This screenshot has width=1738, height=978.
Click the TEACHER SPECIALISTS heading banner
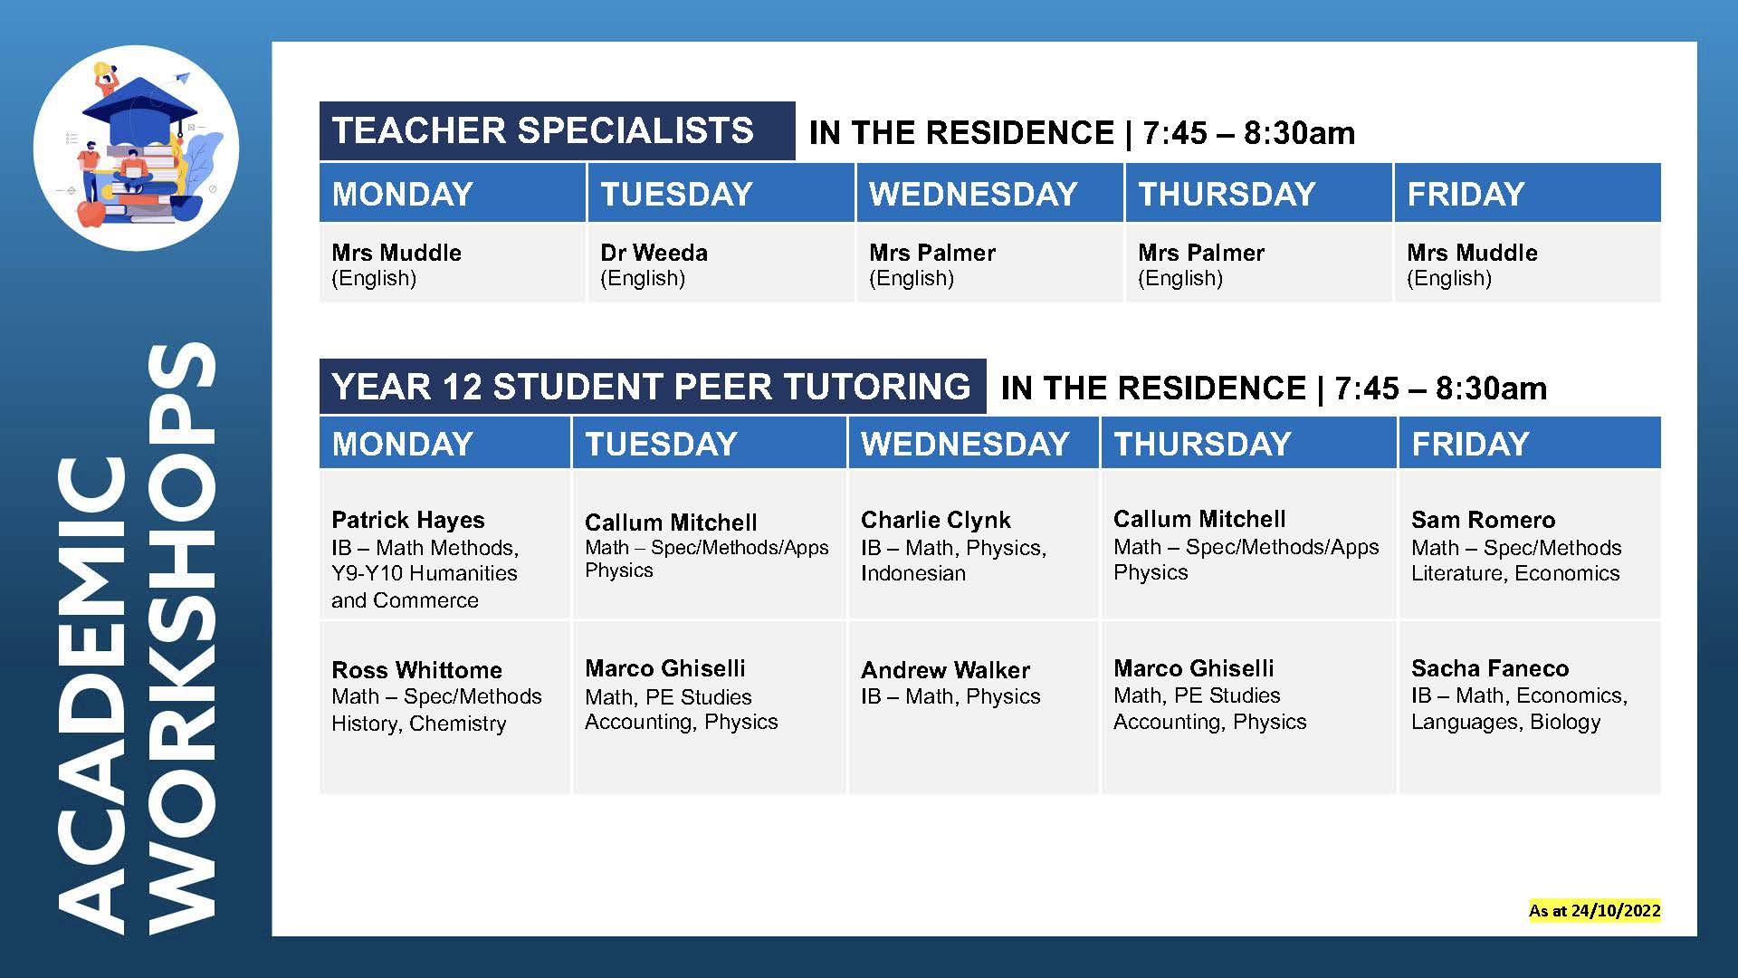point(543,131)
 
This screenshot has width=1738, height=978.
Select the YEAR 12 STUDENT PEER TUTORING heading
point(651,387)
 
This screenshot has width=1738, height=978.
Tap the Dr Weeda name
point(654,253)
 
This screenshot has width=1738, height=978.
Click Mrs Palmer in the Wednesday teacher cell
point(931,253)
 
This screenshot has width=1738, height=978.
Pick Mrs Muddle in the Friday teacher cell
point(1472,253)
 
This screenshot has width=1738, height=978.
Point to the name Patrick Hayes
point(407,520)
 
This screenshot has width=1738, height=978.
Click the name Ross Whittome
point(416,670)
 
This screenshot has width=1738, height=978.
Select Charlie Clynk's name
point(935,520)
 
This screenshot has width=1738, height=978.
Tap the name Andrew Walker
point(945,670)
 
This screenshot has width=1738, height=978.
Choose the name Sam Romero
point(1483,520)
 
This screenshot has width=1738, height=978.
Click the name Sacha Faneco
point(1489,668)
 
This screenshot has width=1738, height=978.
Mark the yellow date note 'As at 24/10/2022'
point(1594,910)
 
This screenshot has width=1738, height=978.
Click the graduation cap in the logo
point(138,107)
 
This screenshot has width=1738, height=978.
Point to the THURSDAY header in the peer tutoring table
point(1202,444)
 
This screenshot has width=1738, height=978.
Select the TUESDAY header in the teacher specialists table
point(676,194)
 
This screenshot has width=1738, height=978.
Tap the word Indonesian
point(912,573)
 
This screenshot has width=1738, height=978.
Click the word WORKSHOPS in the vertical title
point(181,638)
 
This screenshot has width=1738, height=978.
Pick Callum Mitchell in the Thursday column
point(1198,519)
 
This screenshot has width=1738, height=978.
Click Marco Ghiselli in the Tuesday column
point(664,668)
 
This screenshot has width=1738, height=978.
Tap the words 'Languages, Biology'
point(1505,722)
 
